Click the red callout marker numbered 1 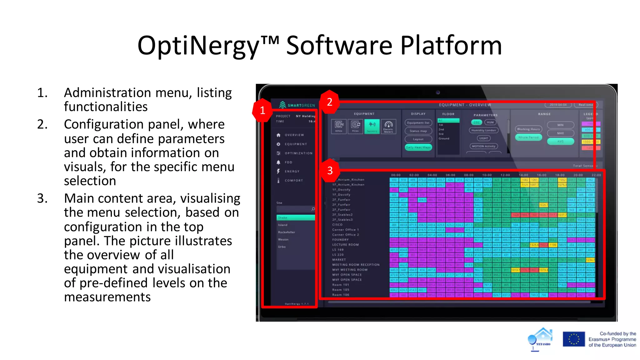tap(262, 110)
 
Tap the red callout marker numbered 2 tap(329, 102)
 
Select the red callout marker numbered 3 tap(330, 171)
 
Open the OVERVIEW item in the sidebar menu tap(294, 135)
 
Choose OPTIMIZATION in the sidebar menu tap(298, 153)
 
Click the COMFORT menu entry tap(293, 180)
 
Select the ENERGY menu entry tap(292, 171)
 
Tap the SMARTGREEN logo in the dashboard tap(297, 105)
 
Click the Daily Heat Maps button tap(418, 147)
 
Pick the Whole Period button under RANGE tap(528, 137)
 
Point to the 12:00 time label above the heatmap tap(505, 175)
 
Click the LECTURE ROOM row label tap(345, 245)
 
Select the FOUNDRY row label tap(340, 240)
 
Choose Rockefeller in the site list tap(287, 232)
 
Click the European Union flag tap(574, 339)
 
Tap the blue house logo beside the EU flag tap(541, 339)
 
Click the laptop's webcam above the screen tap(438, 92)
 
